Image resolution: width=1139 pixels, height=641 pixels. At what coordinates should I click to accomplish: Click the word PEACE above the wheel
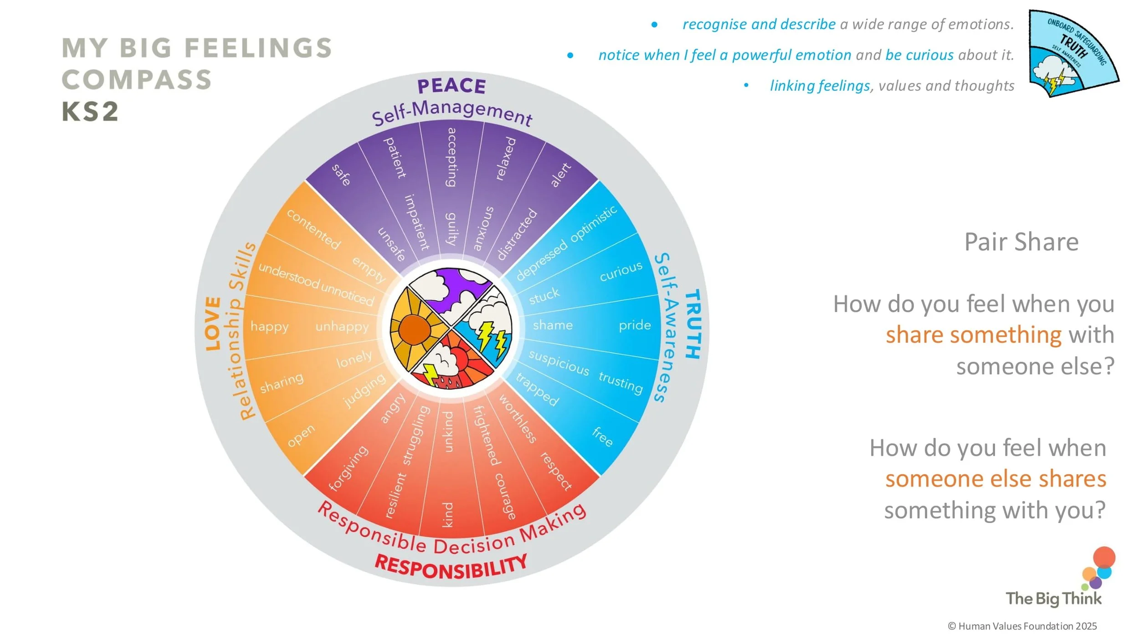(x=451, y=86)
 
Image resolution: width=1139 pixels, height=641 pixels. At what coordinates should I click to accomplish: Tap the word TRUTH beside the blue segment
(x=692, y=324)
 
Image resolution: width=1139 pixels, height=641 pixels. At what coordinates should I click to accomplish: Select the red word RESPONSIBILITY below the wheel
(x=451, y=568)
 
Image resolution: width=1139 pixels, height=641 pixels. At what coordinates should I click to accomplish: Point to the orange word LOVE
(x=213, y=323)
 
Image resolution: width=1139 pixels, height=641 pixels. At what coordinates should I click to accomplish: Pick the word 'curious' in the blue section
(x=621, y=272)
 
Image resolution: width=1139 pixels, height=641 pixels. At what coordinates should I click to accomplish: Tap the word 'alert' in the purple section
(x=560, y=175)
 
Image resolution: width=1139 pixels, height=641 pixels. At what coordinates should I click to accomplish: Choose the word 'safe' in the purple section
(x=341, y=175)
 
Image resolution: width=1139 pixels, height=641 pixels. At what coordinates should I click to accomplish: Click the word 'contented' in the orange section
(x=313, y=229)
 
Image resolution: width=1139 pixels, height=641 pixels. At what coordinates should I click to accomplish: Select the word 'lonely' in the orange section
(x=354, y=359)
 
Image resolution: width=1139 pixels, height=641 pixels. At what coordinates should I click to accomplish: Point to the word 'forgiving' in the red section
(x=348, y=468)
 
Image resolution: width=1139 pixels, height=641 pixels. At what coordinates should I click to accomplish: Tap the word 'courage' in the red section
(x=505, y=496)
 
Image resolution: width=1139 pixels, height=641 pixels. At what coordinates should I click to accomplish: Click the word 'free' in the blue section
(x=602, y=436)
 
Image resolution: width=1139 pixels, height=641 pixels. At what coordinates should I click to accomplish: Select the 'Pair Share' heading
(x=1021, y=242)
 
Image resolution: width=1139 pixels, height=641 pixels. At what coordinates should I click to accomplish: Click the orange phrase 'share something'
(x=973, y=335)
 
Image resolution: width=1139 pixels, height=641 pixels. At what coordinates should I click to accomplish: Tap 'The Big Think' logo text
(x=1053, y=599)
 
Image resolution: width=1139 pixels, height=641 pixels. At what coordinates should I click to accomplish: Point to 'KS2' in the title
(x=90, y=112)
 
